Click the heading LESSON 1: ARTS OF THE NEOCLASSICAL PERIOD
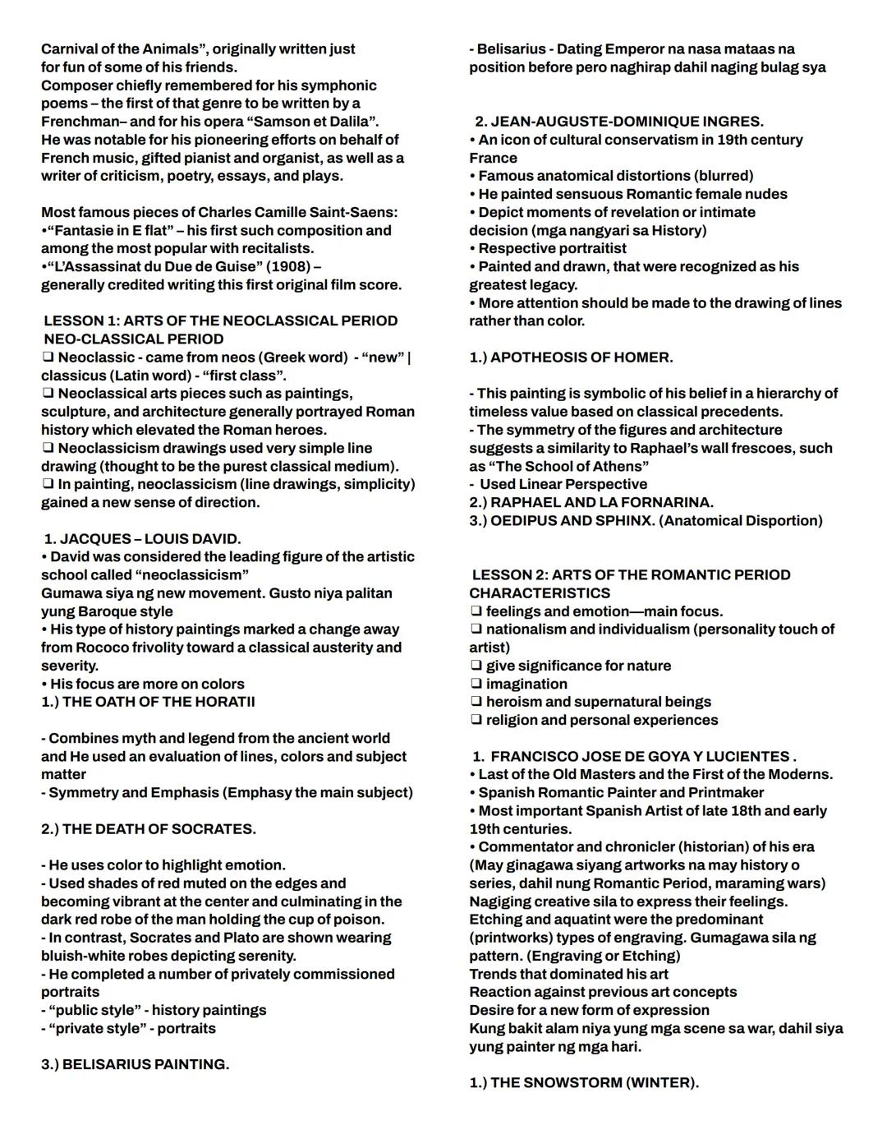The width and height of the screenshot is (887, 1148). click(220, 320)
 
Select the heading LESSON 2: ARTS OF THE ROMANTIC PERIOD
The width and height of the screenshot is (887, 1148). click(631, 574)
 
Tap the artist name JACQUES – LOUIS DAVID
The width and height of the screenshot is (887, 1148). click(149, 538)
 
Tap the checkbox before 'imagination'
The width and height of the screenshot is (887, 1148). click(476, 684)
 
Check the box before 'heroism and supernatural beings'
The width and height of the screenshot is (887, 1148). click(476, 702)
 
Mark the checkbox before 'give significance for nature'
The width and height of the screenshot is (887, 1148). click(476, 666)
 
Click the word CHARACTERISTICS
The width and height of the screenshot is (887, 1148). click(540, 592)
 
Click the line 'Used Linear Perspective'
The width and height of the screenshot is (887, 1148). click(563, 484)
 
